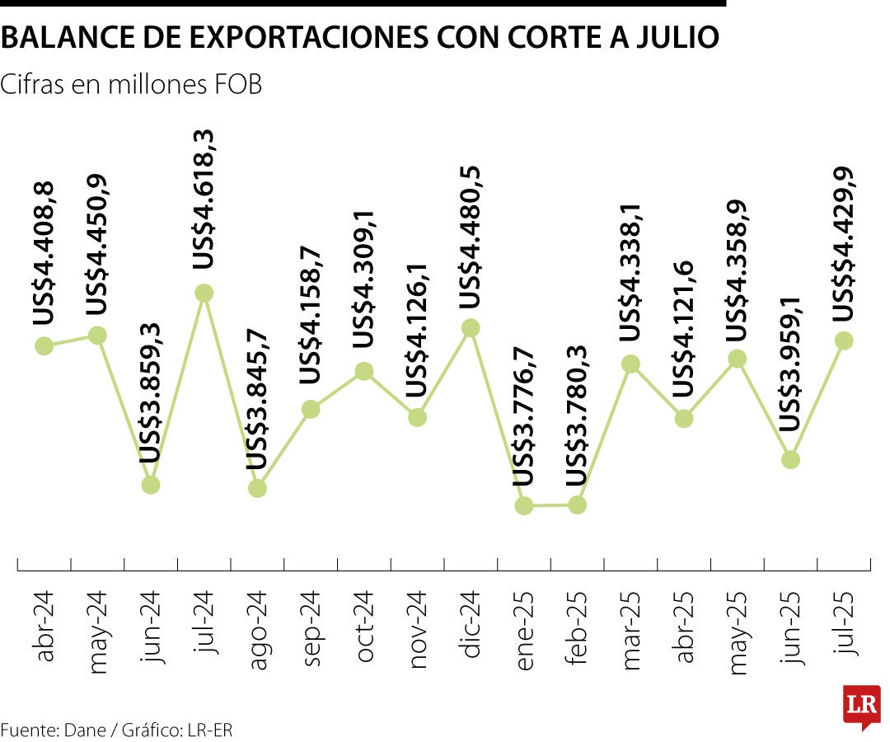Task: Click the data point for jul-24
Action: [x=204, y=293]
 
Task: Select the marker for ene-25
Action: [x=524, y=505]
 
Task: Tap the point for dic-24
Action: [x=471, y=328]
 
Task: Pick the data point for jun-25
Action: [x=790, y=459]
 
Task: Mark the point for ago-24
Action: [x=257, y=488]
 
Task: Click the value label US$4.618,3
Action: [x=204, y=199]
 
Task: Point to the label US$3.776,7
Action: [x=524, y=417]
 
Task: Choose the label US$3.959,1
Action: [x=790, y=364]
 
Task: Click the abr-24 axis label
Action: [x=44, y=632]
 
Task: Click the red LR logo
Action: [x=861, y=706]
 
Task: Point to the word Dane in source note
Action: [x=86, y=730]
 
